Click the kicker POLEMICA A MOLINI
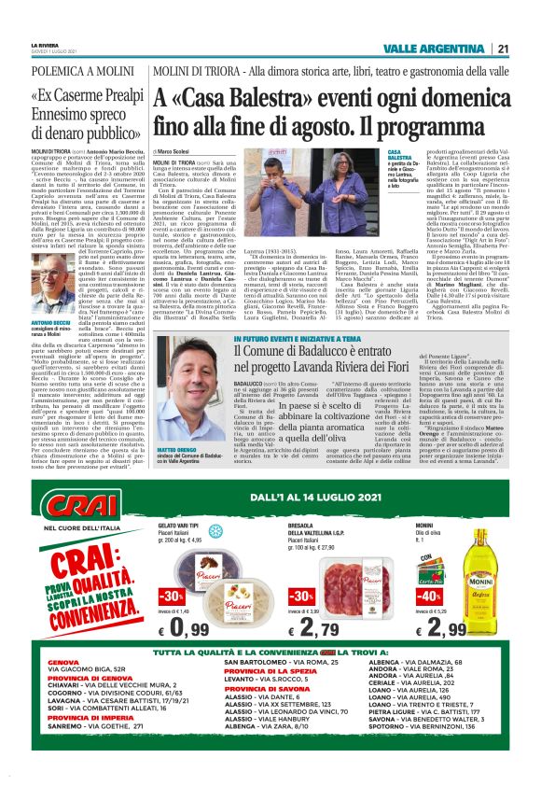pos(67,71)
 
